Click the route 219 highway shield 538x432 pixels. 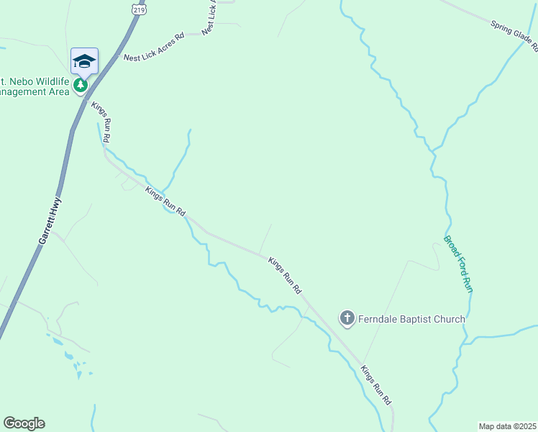click(138, 8)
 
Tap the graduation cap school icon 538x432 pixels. click(84, 61)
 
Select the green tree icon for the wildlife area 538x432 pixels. click(81, 85)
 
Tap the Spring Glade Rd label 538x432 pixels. click(515, 36)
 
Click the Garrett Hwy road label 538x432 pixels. click(50, 222)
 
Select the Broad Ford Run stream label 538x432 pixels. click(457, 264)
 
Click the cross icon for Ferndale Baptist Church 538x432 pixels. click(347, 318)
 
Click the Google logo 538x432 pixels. click(24, 423)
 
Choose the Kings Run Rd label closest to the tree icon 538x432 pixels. click(101, 122)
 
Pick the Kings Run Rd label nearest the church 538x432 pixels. click(285, 276)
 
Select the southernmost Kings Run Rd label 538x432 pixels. click(376, 384)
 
